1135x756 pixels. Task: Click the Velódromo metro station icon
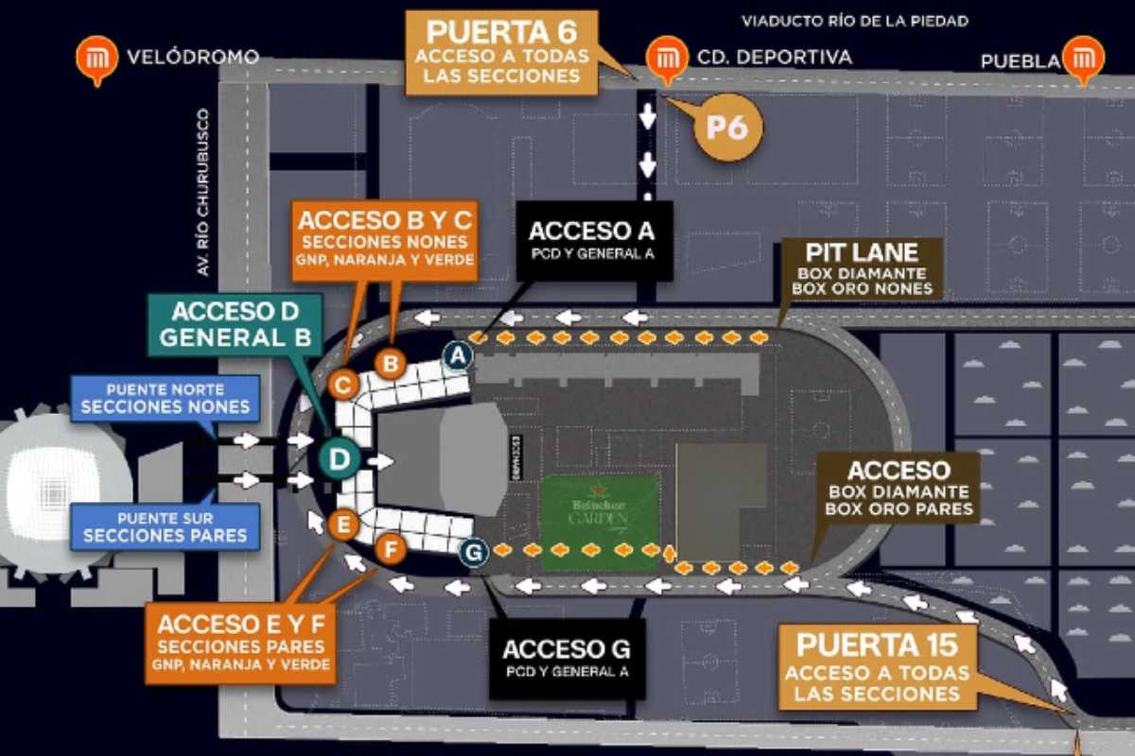(x=96, y=58)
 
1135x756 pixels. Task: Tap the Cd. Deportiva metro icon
(x=666, y=58)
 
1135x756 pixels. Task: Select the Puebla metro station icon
(x=1082, y=58)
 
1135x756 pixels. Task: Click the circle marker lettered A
(x=458, y=355)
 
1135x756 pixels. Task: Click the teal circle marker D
(x=339, y=459)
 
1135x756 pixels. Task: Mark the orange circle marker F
(x=389, y=547)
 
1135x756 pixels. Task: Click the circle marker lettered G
(x=474, y=552)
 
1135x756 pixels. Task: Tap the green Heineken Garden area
(x=599, y=522)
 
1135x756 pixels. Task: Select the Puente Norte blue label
(x=165, y=398)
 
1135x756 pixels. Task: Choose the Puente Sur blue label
(x=165, y=527)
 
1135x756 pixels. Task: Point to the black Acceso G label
(x=566, y=658)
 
